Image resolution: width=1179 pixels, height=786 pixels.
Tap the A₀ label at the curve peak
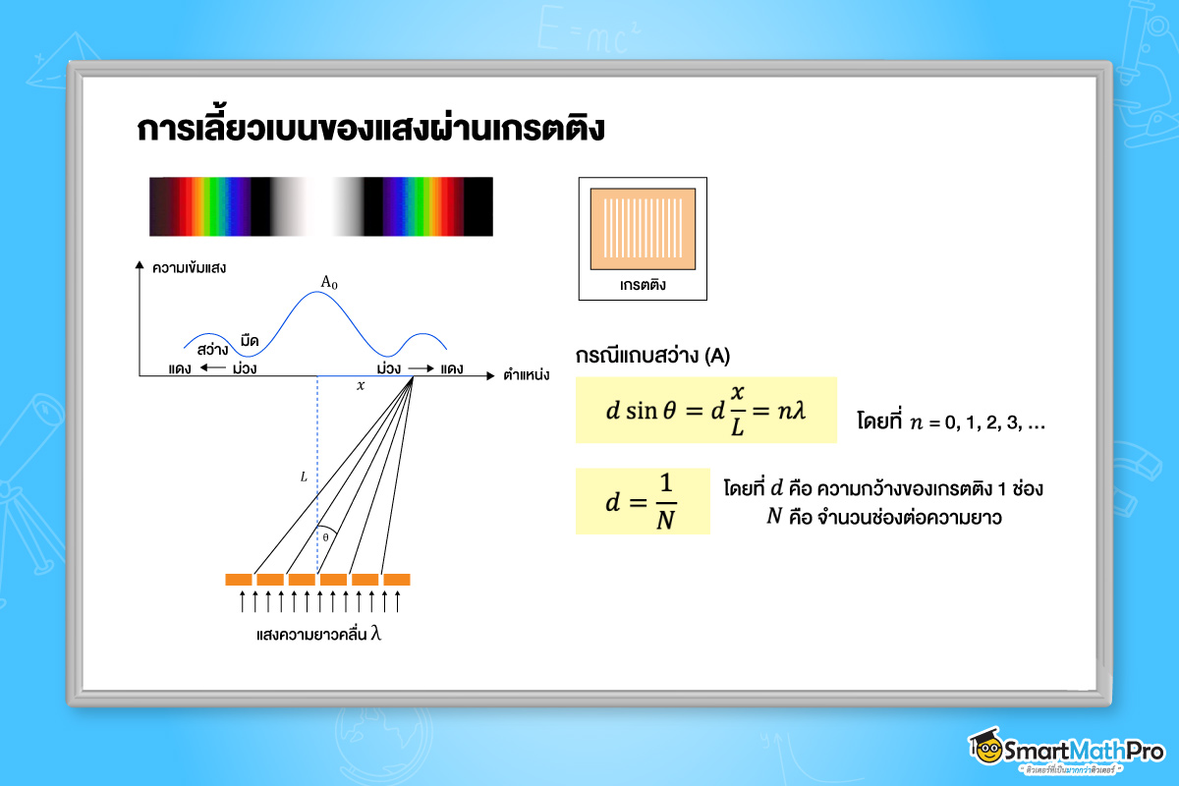(x=329, y=283)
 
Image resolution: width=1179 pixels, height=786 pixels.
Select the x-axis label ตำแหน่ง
(x=526, y=374)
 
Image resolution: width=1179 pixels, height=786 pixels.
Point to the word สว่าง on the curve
(x=213, y=349)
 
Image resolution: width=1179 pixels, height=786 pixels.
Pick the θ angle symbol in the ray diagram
(x=325, y=537)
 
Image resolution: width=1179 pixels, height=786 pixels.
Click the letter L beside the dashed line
(x=304, y=477)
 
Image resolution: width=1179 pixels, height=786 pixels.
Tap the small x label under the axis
(x=361, y=386)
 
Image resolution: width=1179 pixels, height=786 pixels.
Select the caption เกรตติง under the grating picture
(x=644, y=285)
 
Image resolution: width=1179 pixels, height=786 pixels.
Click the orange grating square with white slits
(x=644, y=228)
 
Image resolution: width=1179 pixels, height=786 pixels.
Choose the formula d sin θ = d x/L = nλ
(x=705, y=410)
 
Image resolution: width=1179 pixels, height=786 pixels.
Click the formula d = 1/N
(x=643, y=501)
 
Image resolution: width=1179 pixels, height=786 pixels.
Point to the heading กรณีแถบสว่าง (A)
(x=652, y=356)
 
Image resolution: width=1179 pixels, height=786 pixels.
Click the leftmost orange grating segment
(x=239, y=580)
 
